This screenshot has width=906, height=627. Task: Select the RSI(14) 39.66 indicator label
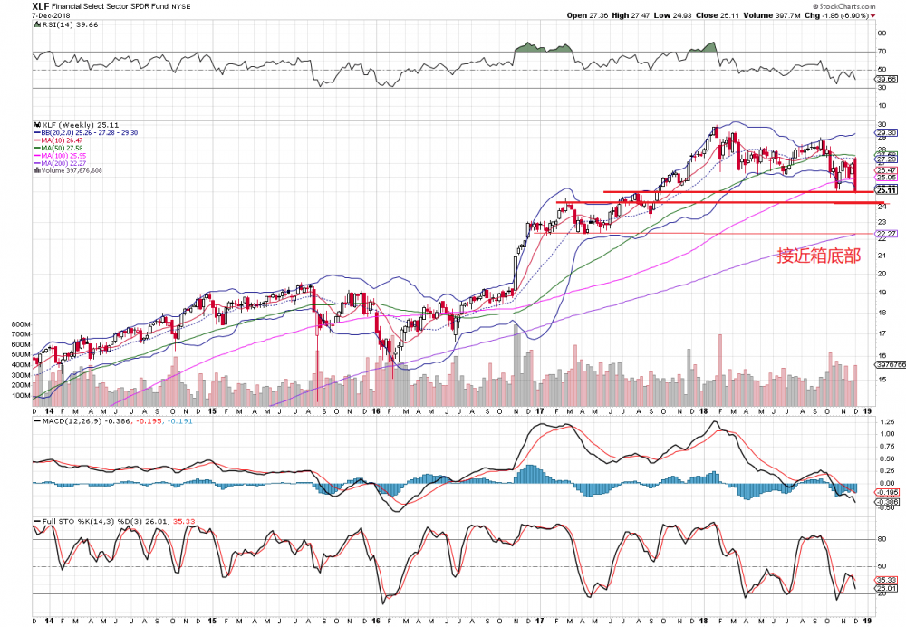click(63, 27)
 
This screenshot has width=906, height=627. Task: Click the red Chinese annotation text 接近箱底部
click(818, 255)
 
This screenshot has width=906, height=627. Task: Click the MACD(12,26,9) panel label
click(68, 422)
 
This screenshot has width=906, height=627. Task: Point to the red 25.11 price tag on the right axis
click(885, 190)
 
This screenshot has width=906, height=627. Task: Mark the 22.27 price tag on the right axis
click(885, 234)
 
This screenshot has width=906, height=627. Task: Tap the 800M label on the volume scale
click(21, 323)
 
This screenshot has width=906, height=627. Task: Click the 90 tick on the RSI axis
click(881, 34)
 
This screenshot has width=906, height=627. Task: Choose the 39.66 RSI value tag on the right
click(885, 79)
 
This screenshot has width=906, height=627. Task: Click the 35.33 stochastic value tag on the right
click(885, 579)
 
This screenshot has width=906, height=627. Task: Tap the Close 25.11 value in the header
click(721, 15)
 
